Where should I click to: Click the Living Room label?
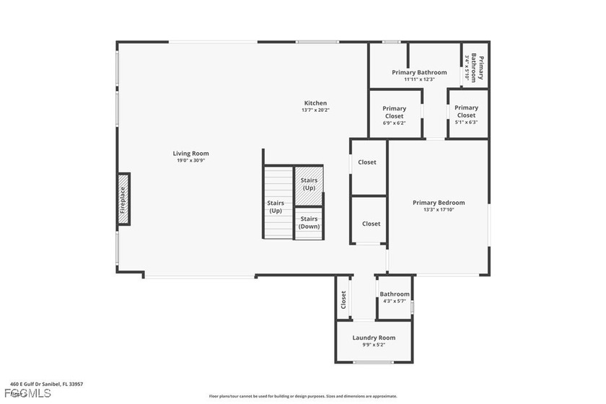(x=190, y=153)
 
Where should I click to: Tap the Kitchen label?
(x=315, y=103)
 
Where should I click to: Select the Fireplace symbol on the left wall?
(x=123, y=199)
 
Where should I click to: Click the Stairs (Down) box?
(x=309, y=223)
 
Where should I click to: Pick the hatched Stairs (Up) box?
(x=309, y=183)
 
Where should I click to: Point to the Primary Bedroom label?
(x=439, y=203)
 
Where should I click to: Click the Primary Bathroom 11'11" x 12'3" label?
(x=419, y=72)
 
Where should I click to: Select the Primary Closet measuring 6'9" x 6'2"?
(x=394, y=113)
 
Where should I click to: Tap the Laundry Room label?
(x=374, y=338)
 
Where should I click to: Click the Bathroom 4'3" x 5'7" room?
(x=395, y=297)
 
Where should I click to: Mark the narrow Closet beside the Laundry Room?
(x=344, y=299)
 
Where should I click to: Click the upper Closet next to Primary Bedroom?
(x=368, y=162)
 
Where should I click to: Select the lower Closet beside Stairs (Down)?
(x=371, y=224)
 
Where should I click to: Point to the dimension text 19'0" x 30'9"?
(x=191, y=161)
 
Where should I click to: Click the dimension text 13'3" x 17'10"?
(x=439, y=211)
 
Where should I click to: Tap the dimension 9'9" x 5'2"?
(x=374, y=345)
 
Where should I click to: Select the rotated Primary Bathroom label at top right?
(x=478, y=69)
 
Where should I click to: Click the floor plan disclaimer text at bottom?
(x=303, y=396)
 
